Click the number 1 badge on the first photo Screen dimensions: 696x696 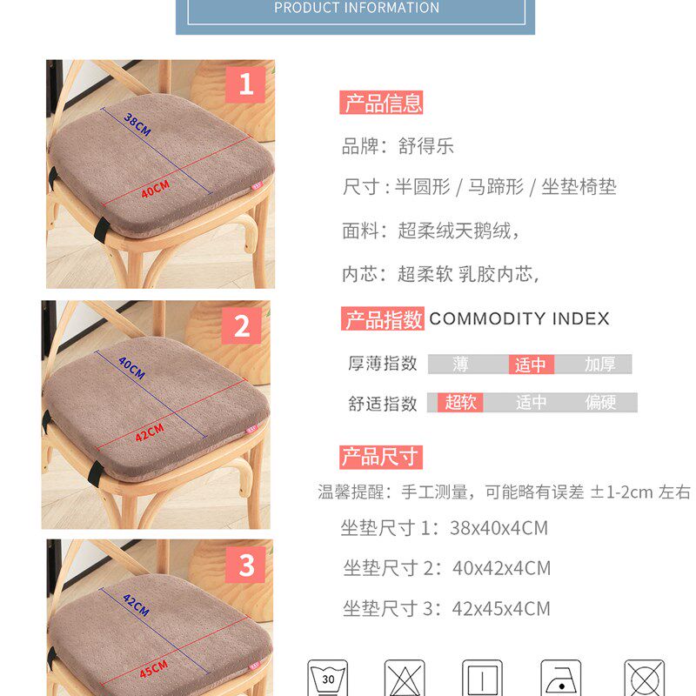tap(245, 84)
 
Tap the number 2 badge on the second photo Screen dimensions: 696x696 tap(242, 326)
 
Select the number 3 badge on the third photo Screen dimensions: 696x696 tap(246, 565)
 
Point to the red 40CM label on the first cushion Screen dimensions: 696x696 tap(155, 188)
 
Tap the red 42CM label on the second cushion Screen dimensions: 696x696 tap(149, 432)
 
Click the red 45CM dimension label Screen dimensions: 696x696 tap(153, 671)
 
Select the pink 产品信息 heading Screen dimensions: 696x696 tap(382, 104)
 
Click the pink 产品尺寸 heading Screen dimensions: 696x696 tap(380, 457)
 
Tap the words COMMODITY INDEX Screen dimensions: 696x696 tap(519, 319)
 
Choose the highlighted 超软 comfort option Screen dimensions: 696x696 tap(460, 403)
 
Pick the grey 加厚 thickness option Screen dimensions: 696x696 tap(599, 365)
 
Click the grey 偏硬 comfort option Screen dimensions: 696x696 tap(600, 403)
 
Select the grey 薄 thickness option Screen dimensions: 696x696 tap(460, 365)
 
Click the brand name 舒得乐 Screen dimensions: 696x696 tap(426, 146)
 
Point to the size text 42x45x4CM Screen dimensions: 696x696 tap(501, 609)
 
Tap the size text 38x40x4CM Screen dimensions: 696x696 tap(499, 528)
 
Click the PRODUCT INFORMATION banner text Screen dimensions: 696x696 tap(356, 8)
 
